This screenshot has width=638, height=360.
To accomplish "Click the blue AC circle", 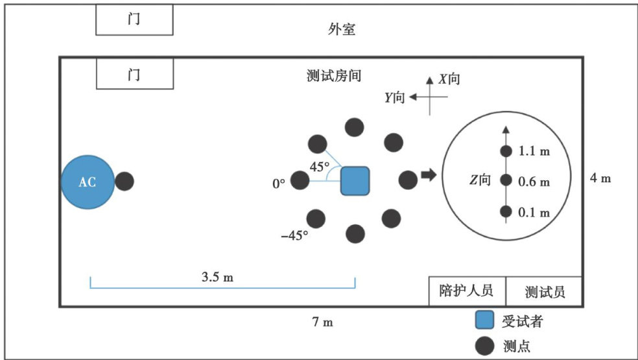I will (x=88, y=182).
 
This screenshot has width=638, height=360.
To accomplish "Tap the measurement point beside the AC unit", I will (x=124, y=181).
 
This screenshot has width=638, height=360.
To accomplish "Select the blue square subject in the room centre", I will (x=355, y=180).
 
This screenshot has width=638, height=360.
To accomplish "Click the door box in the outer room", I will (x=134, y=20).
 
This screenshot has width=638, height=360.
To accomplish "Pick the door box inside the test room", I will (x=134, y=73).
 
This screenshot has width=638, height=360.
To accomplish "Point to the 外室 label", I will (x=342, y=30).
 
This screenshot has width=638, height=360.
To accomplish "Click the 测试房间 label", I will (x=333, y=75).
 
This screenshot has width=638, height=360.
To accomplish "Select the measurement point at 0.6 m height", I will (x=506, y=181).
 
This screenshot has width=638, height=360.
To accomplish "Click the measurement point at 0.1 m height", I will (x=506, y=211).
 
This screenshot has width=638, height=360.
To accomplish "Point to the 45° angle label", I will (x=320, y=167).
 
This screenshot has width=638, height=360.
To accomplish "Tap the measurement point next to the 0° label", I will (x=300, y=181).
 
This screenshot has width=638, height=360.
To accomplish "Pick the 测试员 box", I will (x=545, y=291).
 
